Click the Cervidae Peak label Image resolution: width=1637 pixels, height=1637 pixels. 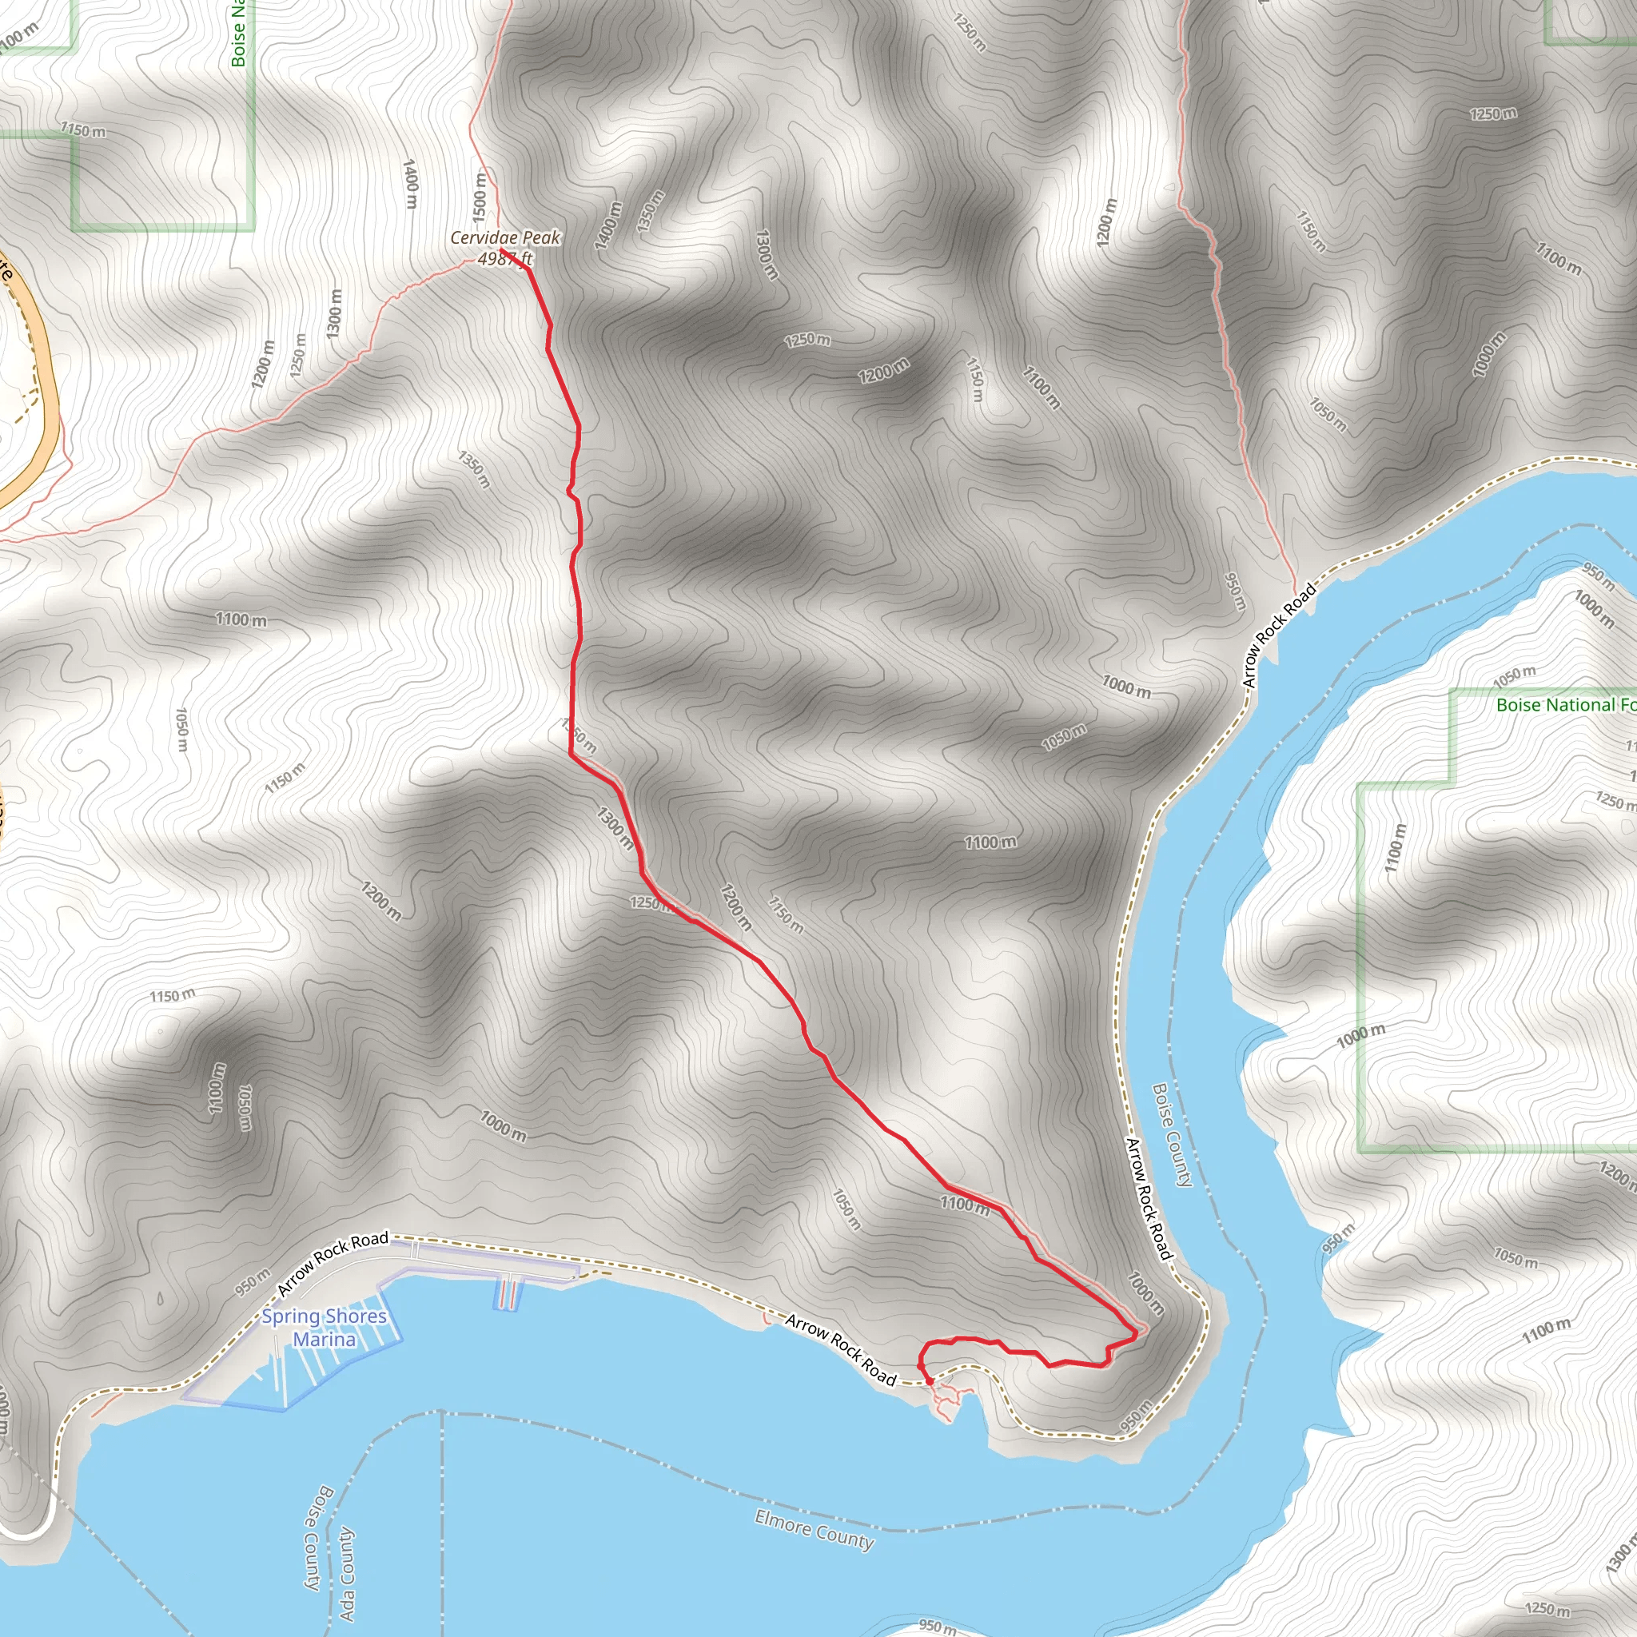pyautogui.click(x=505, y=238)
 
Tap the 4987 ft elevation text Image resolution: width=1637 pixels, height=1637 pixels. pyautogui.click(x=505, y=258)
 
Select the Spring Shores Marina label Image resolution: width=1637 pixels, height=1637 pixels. pyautogui.click(x=324, y=1328)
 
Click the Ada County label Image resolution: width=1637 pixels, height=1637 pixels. pyautogui.click(x=347, y=1573)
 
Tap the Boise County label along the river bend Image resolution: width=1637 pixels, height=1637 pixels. pyautogui.click(x=1173, y=1135)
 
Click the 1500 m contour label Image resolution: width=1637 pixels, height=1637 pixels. pyautogui.click(x=480, y=194)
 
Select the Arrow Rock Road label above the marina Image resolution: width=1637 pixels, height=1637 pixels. pyautogui.click(x=333, y=1264)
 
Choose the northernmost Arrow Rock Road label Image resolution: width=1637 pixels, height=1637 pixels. pyautogui.click(x=1280, y=635)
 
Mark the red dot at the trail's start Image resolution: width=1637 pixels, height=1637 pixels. pyautogui.click(x=930, y=1381)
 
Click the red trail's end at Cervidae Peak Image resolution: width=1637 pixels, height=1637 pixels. pyautogui.click(x=503, y=250)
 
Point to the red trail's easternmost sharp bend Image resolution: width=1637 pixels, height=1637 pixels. pyautogui.click(x=1135, y=1336)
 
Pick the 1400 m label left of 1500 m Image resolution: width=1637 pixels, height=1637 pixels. pyautogui.click(x=411, y=183)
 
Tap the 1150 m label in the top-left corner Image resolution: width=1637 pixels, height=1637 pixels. pyautogui.click(x=83, y=130)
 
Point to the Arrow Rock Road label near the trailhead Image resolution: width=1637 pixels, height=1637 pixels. pyautogui.click(x=840, y=1349)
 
